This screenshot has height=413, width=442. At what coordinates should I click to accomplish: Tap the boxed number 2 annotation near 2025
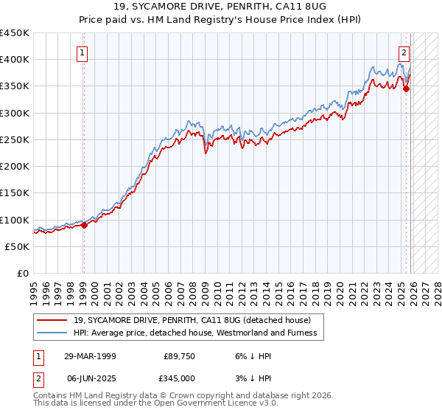coord(404,52)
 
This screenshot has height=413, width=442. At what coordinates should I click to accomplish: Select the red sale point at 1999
coord(83,226)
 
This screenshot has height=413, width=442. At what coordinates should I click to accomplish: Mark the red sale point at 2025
coord(406,89)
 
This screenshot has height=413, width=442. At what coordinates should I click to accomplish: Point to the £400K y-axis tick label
coord(15,60)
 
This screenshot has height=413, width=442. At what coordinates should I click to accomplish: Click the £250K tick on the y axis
coord(15,139)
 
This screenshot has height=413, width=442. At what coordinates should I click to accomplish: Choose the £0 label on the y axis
coord(22,274)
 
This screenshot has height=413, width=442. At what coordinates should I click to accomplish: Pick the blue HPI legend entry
coord(194,333)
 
